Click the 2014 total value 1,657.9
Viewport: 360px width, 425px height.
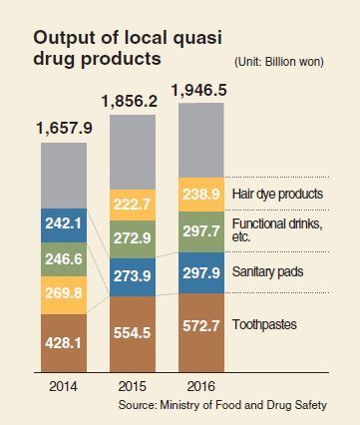(64, 128)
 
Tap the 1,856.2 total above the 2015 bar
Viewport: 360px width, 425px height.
(130, 101)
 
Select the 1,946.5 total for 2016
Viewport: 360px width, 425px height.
(199, 90)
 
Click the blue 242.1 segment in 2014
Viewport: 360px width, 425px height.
(64, 225)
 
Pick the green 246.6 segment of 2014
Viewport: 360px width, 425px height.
(64, 259)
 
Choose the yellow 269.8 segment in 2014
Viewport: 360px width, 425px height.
(64, 295)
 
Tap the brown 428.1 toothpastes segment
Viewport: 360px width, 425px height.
(64, 343)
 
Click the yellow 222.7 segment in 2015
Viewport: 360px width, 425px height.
(133, 206)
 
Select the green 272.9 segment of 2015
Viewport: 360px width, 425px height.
(133, 239)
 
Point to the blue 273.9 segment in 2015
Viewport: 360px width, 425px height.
(133, 277)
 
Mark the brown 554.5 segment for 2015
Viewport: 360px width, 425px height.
(133, 334)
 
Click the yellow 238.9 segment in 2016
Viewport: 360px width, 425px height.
(201, 195)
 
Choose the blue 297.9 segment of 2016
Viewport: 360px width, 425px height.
(201, 272)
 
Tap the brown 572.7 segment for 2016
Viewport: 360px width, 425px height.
(201, 332)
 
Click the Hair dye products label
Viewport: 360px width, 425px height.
(277, 194)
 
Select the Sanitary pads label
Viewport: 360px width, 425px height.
(267, 272)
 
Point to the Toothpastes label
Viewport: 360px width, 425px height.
(264, 324)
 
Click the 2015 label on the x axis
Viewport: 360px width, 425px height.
(133, 386)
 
